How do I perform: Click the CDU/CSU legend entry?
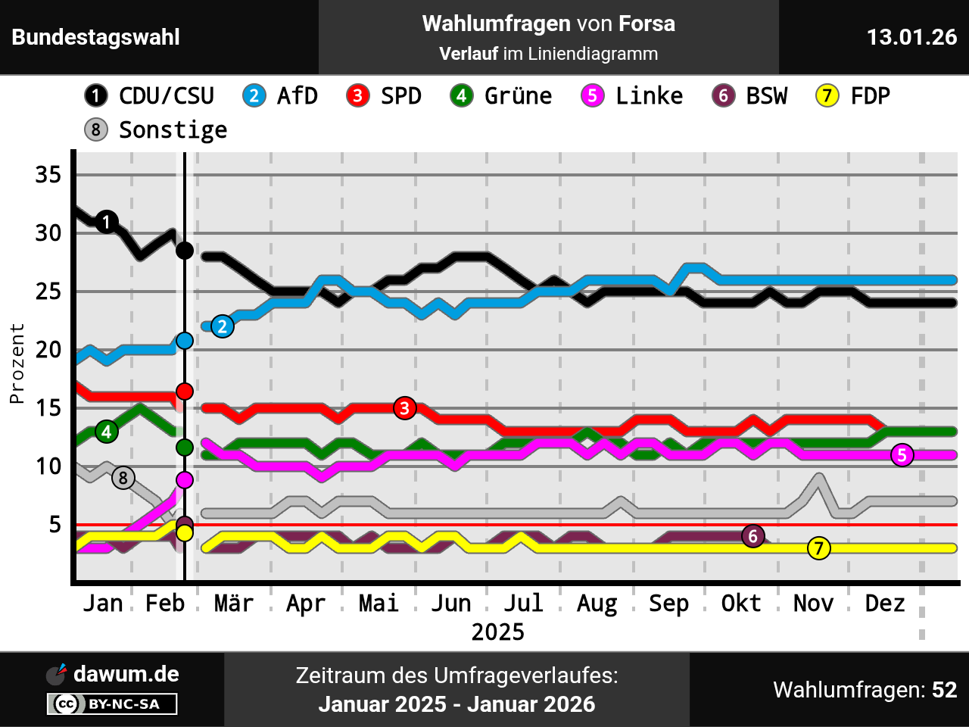click(x=149, y=96)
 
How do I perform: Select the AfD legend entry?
click(x=280, y=96)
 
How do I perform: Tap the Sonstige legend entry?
click(x=156, y=130)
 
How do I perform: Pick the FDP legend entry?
click(x=852, y=96)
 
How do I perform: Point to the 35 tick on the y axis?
click(x=48, y=175)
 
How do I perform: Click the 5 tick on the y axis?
click(x=55, y=525)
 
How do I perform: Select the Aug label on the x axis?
click(x=597, y=604)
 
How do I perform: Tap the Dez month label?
click(x=885, y=604)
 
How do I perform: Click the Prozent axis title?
click(x=17, y=363)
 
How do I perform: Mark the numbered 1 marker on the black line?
click(x=107, y=222)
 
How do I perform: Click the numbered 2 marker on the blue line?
click(x=222, y=326)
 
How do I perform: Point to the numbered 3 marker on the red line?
click(x=405, y=408)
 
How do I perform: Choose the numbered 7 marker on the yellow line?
click(x=818, y=548)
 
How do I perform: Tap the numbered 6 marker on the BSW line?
click(x=752, y=536)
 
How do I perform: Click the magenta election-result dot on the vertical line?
click(x=185, y=480)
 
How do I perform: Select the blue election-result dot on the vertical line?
click(x=185, y=341)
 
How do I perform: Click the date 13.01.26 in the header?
click(x=911, y=37)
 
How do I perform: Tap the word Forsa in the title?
click(x=647, y=23)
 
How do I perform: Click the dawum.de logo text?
click(x=126, y=674)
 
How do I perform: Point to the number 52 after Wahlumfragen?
click(x=944, y=690)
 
